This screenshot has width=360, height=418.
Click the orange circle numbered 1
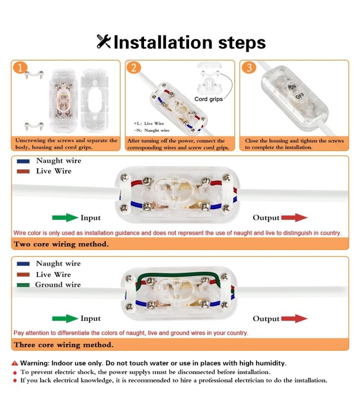pyautogui.click(x=20, y=67)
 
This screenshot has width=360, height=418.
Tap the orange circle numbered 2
pyautogui.click(x=134, y=67)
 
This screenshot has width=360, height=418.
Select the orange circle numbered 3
pyautogui.click(x=249, y=67)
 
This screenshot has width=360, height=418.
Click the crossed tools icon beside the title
pyautogui.click(x=103, y=42)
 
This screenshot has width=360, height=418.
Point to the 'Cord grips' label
pyautogui.click(x=208, y=99)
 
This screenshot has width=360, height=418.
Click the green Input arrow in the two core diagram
pyautogui.click(x=65, y=218)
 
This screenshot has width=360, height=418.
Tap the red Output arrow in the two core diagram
pyautogui.click(x=294, y=218)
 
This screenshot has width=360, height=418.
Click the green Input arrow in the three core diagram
pyautogui.click(x=65, y=318)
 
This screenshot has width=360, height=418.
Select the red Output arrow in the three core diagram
pyautogui.click(x=294, y=318)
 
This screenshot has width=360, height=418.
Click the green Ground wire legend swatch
pyautogui.click(x=23, y=285)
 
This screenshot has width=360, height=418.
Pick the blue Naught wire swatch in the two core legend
pyautogui.click(x=23, y=161)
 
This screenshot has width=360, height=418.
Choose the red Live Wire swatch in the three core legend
pyautogui.click(x=23, y=275)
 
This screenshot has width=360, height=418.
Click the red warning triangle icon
pyautogui.click(x=15, y=363)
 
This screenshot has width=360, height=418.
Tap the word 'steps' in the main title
pyautogui.click(x=242, y=43)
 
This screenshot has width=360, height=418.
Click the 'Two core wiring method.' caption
pyautogui.click(x=61, y=244)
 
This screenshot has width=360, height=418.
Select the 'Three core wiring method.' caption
pyautogui.click(x=64, y=345)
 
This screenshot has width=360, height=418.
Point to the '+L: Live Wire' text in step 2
pyautogui.click(x=149, y=124)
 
